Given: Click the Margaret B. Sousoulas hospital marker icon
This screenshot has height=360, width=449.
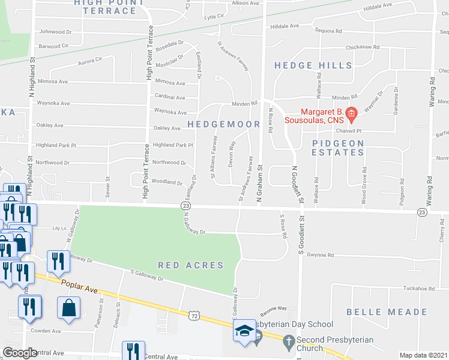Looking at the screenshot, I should click(x=352, y=112).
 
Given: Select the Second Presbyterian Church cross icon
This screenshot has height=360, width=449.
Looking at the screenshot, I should click(x=289, y=344).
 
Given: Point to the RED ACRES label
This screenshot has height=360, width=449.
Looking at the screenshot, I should click(x=191, y=265).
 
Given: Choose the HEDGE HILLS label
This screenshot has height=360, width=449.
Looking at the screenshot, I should click(x=313, y=65).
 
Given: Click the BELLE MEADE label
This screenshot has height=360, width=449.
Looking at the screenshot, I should click(x=378, y=312).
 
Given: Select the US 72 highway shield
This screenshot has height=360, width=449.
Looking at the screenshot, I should click(x=193, y=315).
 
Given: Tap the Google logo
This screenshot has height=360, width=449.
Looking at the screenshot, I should click(x=20, y=353).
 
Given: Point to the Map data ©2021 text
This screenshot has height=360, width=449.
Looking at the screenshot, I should click(x=424, y=355).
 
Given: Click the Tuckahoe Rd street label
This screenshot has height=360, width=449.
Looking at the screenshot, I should click(x=419, y=288).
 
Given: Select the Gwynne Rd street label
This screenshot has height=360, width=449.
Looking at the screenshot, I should click(x=321, y=255).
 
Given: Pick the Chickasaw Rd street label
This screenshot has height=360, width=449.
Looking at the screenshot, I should click(x=363, y=47).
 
